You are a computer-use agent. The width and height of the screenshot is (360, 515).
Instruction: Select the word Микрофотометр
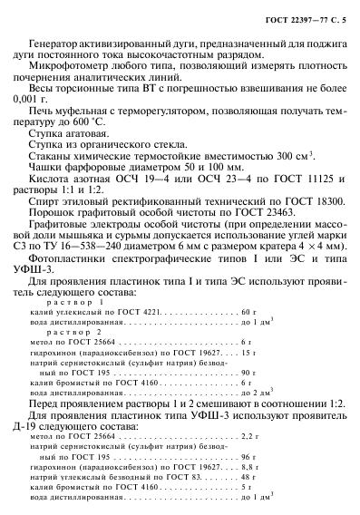pyautogui.click(x=63, y=69)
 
